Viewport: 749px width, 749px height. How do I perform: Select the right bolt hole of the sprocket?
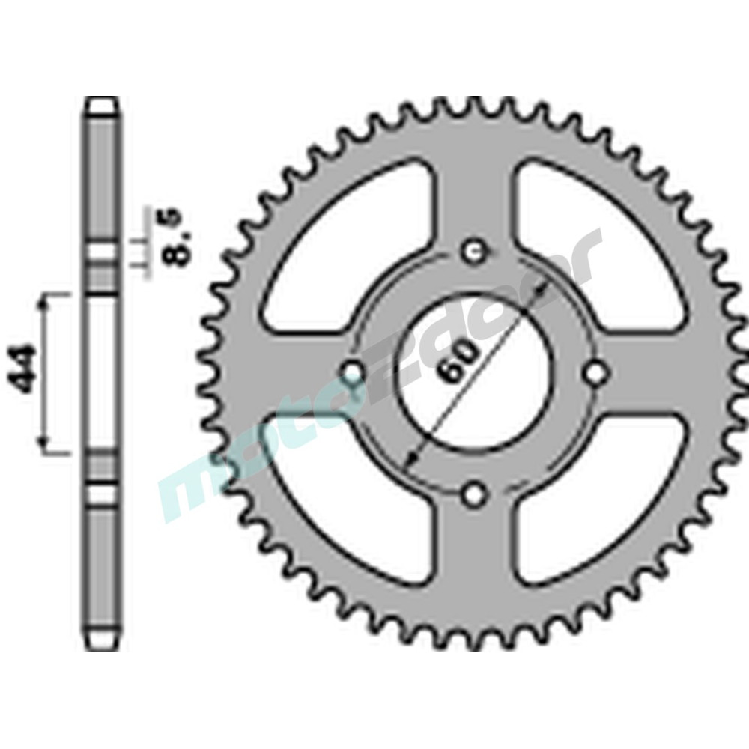coord(596,372)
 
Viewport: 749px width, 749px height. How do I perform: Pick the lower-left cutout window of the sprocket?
coord(345,509)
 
